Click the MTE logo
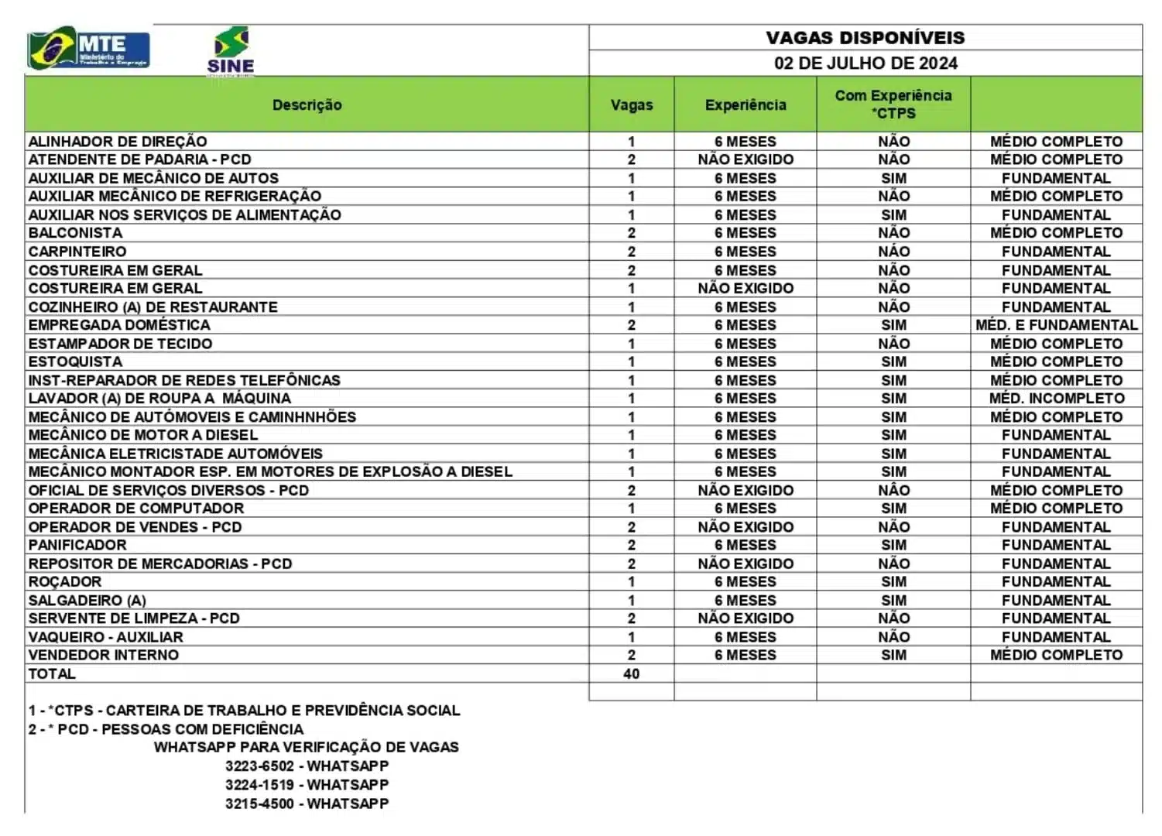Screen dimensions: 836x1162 click(88, 50)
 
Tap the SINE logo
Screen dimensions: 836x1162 click(231, 51)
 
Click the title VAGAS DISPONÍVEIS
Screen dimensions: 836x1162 click(865, 38)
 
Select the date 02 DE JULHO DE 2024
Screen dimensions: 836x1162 click(865, 63)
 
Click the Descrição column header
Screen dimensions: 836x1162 click(307, 104)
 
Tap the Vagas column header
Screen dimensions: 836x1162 click(631, 104)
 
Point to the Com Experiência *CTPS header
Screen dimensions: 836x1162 click(893, 104)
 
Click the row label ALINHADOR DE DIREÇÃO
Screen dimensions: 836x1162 click(118, 142)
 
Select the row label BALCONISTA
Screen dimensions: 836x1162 click(75, 233)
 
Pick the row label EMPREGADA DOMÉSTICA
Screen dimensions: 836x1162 click(119, 325)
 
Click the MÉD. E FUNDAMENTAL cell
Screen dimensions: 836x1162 click(1056, 325)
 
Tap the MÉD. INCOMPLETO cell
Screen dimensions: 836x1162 click(1056, 399)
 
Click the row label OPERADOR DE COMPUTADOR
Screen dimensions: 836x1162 click(136, 509)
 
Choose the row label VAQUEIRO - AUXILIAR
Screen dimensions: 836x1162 click(106, 637)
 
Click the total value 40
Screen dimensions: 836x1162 click(631, 673)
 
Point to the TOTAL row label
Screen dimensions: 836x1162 click(52, 673)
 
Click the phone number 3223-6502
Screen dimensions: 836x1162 click(259, 766)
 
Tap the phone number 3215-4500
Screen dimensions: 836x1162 click(259, 803)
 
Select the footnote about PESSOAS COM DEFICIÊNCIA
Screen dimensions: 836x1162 click(166, 729)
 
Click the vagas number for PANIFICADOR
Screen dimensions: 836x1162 click(631, 545)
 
